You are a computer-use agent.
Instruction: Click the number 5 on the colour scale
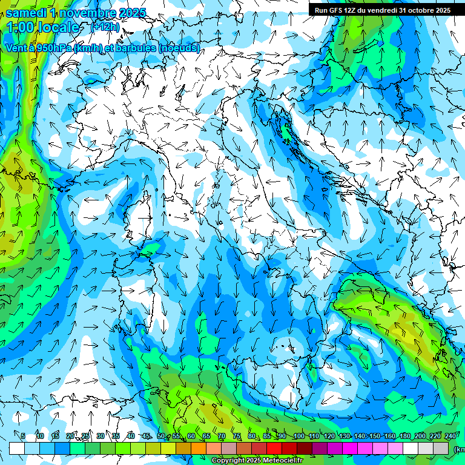coord(23,437)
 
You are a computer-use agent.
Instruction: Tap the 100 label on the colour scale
coord(298,437)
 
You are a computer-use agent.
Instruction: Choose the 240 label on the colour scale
coord(450,437)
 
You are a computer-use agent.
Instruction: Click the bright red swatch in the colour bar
coord(274,448)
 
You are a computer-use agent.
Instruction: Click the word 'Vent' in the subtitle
coord(16,48)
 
